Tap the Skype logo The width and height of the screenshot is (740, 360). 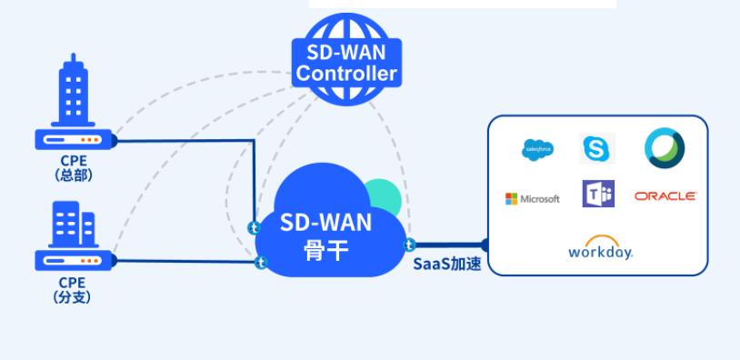(x=598, y=148)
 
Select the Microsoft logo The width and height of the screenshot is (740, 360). (x=533, y=198)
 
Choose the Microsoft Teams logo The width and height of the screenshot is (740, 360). (x=598, y=195)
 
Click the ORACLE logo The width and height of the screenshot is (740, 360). (x=665, y=196)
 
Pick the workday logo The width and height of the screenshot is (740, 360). (x=600, y=247)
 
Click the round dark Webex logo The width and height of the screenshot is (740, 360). (x=665, y=147)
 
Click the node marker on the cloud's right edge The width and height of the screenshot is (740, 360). (x=410, y=245)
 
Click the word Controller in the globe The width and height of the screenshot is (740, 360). (x=346, y=74)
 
